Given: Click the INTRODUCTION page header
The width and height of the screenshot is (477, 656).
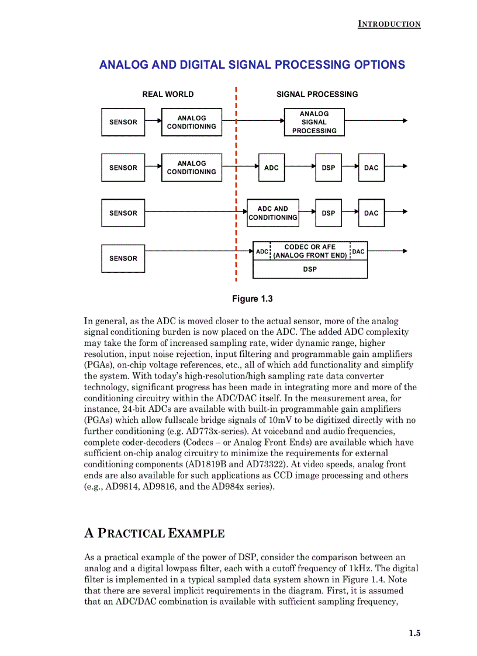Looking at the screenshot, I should pos(389,24).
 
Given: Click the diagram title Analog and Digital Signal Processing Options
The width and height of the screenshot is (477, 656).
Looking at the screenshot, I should pos(252,65).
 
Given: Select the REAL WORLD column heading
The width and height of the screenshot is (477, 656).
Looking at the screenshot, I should pos(168,94).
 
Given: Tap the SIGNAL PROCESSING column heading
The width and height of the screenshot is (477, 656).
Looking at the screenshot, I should pos(317,94).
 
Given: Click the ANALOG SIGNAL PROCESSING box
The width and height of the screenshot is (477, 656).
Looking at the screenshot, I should pos(314,122).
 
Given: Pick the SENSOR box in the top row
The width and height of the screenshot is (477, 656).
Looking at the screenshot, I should pos(123,122).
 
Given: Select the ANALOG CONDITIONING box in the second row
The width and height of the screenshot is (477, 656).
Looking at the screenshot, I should pos(191,168).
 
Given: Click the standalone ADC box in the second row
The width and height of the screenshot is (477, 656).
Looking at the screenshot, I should pos(271,168).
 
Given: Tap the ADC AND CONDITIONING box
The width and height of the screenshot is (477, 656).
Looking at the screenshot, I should pos(272,213).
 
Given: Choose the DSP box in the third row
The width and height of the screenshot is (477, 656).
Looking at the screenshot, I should pos(328,213).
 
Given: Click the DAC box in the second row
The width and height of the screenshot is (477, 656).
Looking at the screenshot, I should pos(371,168).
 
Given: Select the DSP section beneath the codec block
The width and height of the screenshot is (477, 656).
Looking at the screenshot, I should pos(310,269).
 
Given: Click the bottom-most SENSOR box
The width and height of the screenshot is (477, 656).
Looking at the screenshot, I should pos(123,258).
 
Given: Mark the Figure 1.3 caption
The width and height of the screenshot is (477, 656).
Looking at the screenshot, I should pos(252,299).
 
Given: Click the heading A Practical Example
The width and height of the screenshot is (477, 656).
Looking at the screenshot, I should pos(154,533).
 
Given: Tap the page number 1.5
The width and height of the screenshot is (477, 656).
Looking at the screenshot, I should pos(414,633).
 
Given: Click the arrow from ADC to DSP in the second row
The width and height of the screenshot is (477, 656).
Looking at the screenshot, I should pos(300,166).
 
